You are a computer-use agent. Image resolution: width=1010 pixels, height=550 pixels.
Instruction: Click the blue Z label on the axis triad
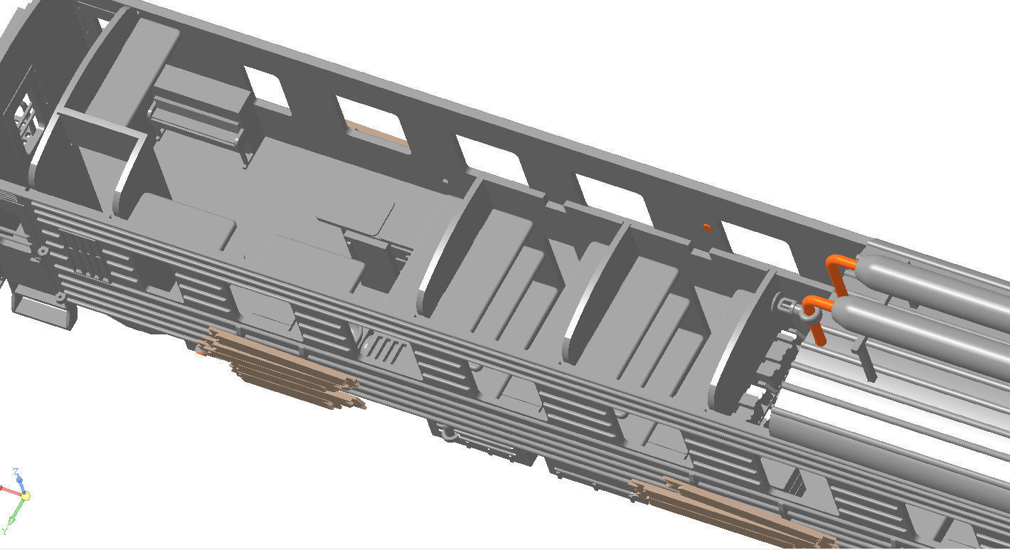pos(16,472)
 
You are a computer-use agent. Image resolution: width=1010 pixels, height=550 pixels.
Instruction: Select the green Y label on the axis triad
pos(4,531)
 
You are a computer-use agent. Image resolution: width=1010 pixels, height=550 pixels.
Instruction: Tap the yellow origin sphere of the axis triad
pos(25,496)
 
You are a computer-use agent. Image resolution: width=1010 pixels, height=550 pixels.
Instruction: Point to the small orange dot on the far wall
pos(706,228)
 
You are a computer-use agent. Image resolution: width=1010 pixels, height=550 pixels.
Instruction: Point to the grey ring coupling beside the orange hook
pos(788,307)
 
